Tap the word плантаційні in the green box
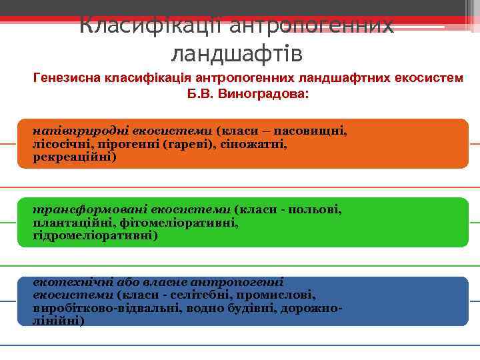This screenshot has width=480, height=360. point(67,223)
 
